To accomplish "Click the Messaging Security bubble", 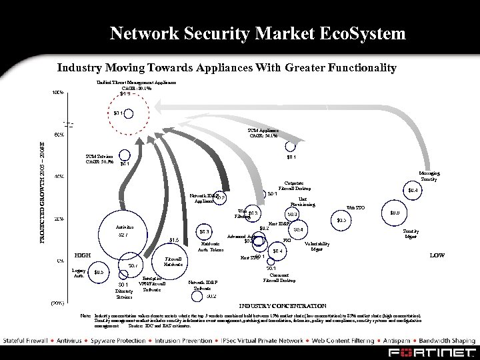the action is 413,190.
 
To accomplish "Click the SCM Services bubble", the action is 123,164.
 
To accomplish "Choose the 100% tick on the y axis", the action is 59,93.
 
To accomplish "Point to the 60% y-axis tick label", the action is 59,135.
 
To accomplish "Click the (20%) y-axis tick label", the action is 58,302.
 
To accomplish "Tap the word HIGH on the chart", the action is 82,255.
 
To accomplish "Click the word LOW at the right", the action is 437,255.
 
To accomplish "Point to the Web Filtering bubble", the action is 252,213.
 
